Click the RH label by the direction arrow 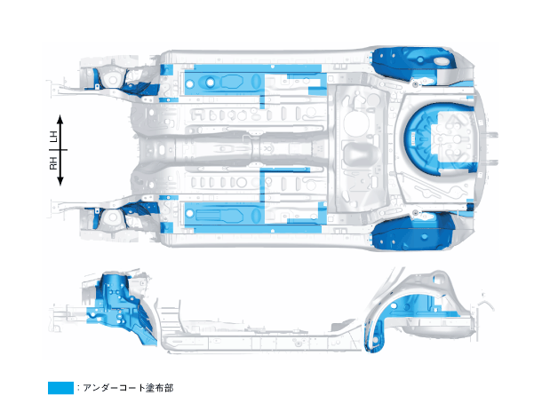(53, 164)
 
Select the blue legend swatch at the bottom (60, 388)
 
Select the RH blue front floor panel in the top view (222, 214)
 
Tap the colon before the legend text (78, 388)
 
